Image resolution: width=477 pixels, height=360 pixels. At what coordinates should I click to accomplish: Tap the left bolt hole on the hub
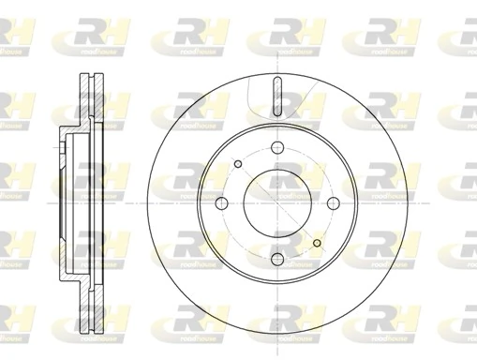220,204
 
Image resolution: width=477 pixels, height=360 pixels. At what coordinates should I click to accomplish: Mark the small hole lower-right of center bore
318,246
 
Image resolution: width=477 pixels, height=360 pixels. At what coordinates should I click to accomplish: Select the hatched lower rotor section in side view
91,305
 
